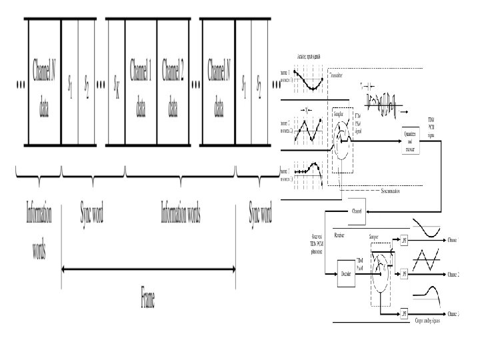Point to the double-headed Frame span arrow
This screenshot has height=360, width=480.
[x=148, y=269]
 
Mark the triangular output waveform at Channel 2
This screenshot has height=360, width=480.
[x=429, y=260]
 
